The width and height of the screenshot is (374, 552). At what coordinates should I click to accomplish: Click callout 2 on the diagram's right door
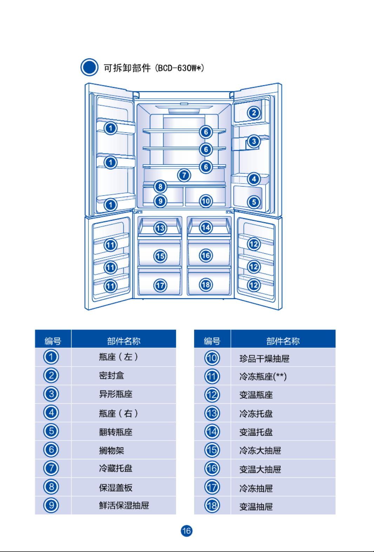coord(254,113)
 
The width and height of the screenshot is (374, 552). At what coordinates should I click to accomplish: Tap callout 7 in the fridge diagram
coord(184,175)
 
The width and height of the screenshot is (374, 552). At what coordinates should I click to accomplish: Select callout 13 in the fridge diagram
coord(160,228)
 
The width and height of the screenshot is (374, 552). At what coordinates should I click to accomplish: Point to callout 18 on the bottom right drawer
coord(206,285)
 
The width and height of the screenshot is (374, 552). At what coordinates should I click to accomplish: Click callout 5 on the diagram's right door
coord(254,202)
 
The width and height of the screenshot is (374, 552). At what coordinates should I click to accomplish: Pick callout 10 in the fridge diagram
coord(206,201)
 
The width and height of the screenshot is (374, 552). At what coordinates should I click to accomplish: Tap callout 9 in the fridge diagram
coord(160,201)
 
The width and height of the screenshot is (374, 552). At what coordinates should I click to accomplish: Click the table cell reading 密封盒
coord(112,376)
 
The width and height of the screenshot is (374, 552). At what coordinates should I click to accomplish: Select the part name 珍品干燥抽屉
coord(264,358)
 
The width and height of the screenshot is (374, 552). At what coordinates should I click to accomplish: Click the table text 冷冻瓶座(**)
coord(263,377)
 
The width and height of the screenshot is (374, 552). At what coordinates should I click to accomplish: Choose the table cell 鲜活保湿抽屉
coord(124,505)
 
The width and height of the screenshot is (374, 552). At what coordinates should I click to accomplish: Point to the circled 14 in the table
coord(212,431)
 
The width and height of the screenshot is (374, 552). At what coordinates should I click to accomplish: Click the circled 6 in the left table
coord(51,449)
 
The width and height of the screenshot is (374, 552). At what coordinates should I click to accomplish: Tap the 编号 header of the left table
coord(53,340)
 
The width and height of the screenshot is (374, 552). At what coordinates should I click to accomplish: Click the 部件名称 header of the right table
coord(283,340)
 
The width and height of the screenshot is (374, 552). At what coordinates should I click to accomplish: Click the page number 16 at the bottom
coord(187,531)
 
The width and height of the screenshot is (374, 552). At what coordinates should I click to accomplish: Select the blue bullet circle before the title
coord(89,67)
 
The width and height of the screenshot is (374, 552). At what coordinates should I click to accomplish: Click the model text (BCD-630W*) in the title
coord(179,68)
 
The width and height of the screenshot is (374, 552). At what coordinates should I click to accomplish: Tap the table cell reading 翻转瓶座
coord(116,432)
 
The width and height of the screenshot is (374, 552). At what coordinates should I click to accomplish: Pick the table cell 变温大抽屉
coord(260,469)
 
